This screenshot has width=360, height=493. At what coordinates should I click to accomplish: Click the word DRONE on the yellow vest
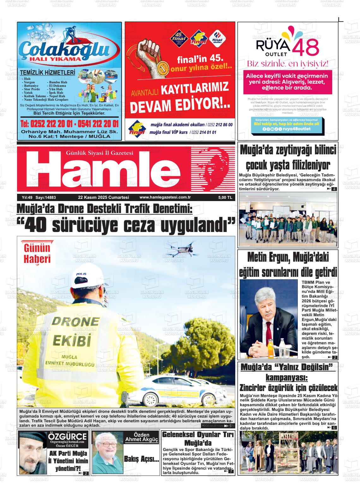(75, 322)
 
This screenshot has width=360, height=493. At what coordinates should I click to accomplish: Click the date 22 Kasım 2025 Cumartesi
(104, 198)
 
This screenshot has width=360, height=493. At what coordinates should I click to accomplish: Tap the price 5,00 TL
(225, 198)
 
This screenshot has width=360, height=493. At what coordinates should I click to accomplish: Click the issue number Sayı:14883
(45, 198)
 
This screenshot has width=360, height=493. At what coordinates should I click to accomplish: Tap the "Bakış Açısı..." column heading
(141, 459)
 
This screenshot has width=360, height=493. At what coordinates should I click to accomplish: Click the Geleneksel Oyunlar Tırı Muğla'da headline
(198, 438)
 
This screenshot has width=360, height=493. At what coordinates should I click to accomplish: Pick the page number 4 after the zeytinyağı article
(334, 189)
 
